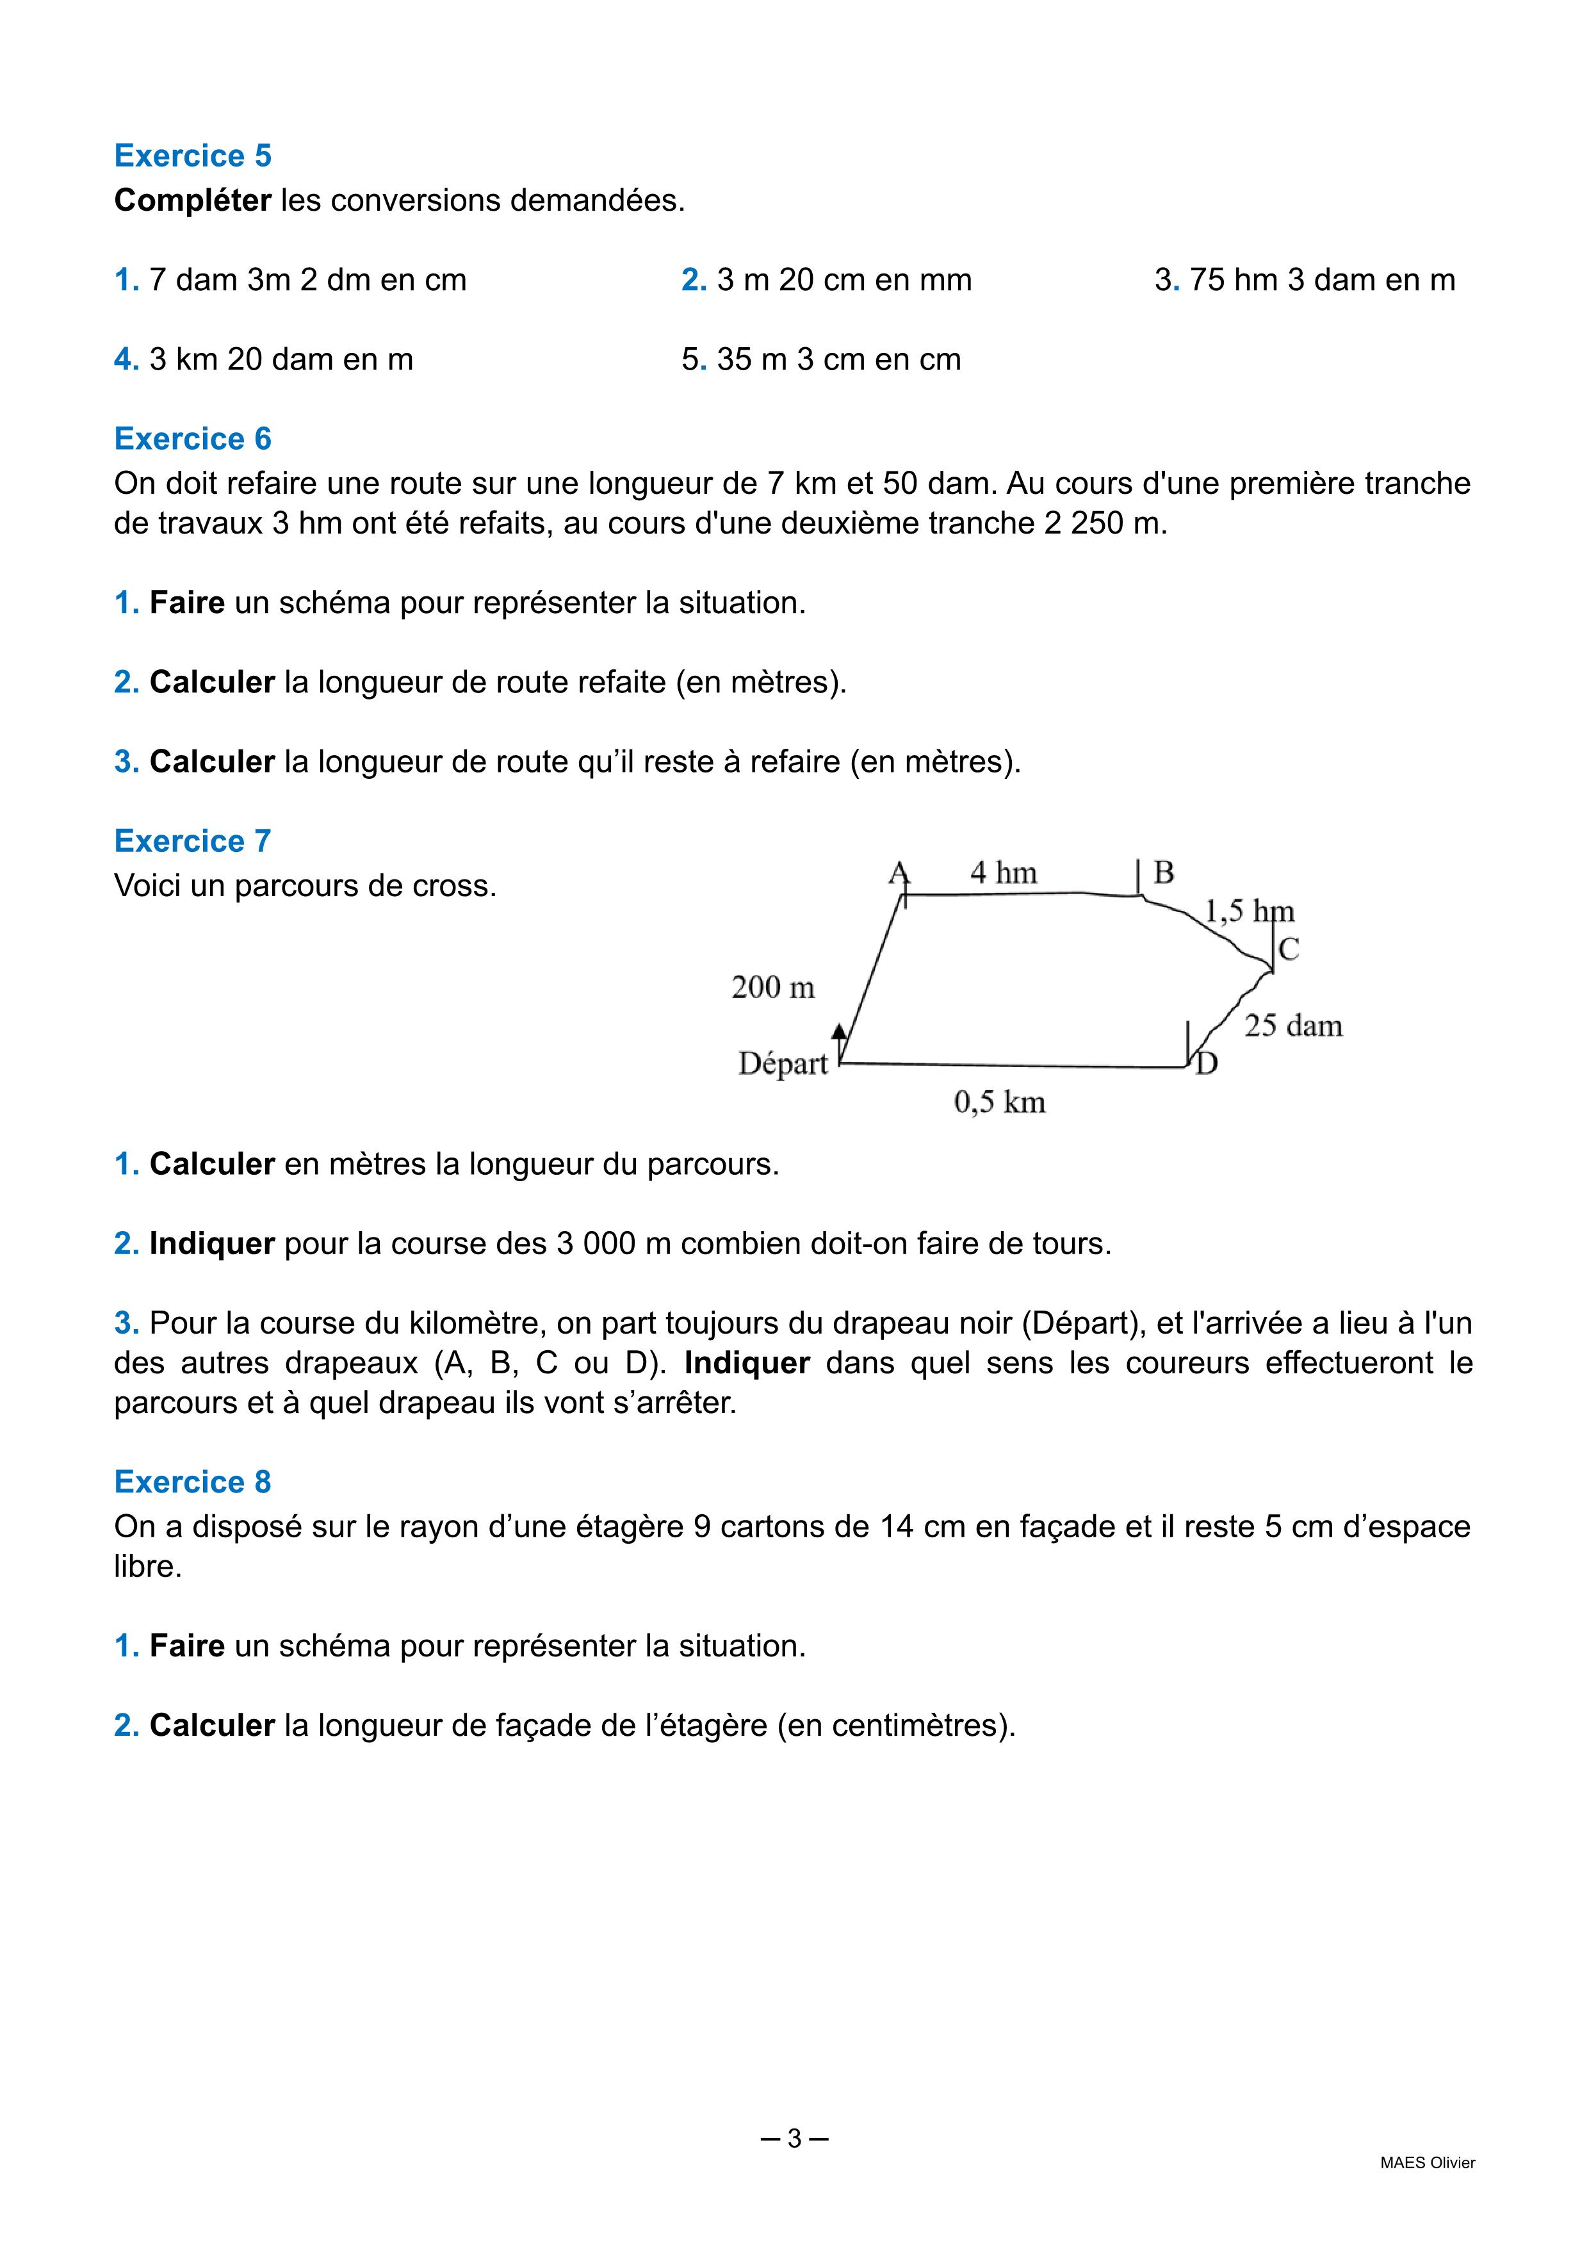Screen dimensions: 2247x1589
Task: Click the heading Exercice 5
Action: click(x=193, y=156)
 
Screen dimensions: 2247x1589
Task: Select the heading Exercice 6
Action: click(x=193, y=438)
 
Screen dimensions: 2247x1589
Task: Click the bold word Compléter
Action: click(x=193, y=200)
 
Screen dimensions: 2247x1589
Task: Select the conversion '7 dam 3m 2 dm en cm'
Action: click(x=307, y=280)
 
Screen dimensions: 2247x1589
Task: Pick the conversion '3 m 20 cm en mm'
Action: click(x=843, y=280)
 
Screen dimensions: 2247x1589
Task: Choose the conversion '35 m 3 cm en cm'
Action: click(x=838, y=359)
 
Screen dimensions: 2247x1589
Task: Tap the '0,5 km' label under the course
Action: click(x=999, y=1103)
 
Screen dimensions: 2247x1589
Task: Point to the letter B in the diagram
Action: click(x=1163, y=872)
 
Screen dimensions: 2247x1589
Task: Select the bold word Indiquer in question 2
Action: click(x=211, y=1244)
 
